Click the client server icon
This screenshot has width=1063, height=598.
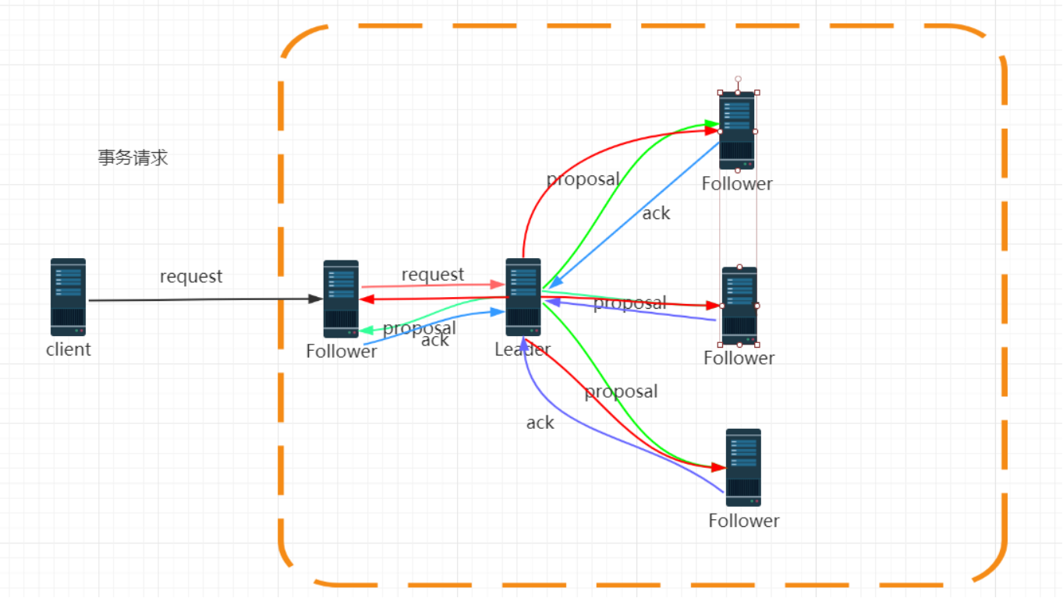tap(68, 297)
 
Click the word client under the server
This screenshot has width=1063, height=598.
tap(68, 349)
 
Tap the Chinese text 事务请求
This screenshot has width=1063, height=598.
tap(133, 157)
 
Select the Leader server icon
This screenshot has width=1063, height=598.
tap(523, 297)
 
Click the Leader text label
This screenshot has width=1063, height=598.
tap(523, 349)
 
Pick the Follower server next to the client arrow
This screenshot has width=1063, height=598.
tap(341, 299)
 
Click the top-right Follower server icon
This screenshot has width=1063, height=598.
tap(737, 130)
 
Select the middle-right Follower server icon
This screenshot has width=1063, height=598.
tap(739, 305)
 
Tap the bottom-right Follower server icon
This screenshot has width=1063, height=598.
tap(743, 467)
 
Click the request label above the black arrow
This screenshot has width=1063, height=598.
tap(191, 276)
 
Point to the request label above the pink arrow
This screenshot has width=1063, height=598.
tap(433, 274)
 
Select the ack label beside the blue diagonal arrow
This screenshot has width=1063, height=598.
tap(656, 213)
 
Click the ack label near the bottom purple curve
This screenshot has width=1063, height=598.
tap(540, 423)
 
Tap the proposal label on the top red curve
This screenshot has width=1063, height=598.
tap(583, 179)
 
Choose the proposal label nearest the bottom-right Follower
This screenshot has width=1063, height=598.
tap(621, 391)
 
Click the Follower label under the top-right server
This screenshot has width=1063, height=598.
tap(737, 183)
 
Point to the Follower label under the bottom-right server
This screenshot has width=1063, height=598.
tap(744, 520)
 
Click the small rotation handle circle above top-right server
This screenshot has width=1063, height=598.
tap(738, 79)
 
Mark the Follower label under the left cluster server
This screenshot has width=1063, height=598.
tap(342, 351)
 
